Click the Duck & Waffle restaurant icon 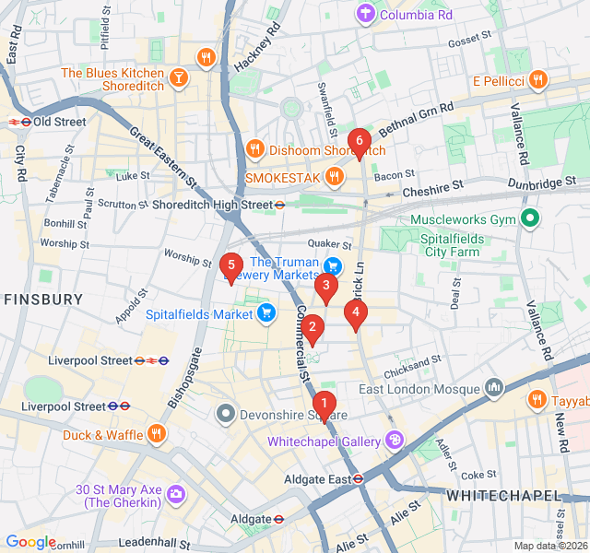point(156,433)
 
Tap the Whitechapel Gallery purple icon point(395,441)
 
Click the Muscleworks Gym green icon point(529,220)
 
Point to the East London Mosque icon point(494,388)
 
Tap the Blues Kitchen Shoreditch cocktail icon point(179,80)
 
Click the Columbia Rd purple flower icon point(367,13)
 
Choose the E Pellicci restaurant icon point(538,81)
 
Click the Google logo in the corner point(31,542)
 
